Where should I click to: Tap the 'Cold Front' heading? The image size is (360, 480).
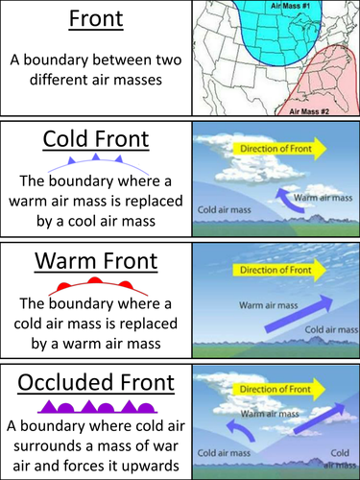pyautogui.click(x=95, y=139)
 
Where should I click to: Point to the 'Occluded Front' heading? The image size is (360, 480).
pyautogui.click(x=95, y=382)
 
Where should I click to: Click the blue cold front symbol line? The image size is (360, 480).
pyautogui.click(x=95, y=159)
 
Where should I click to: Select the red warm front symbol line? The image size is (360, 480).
pyautogui.click(x=95, y=282)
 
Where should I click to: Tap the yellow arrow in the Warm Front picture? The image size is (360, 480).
pyautogui.click(x=278, y=270)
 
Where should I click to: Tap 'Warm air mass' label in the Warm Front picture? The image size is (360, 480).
pyautogui.click(x=246, y=308)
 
